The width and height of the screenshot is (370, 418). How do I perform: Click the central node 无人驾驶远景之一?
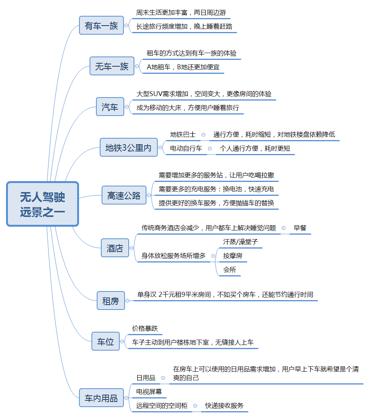coord(43,204)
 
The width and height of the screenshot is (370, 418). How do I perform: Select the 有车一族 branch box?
coord(101,26)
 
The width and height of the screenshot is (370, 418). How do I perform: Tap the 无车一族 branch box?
coord(112,66)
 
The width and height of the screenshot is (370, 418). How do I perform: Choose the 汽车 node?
coord(110,107)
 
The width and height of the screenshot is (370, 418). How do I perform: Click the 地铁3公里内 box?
coord(128,148)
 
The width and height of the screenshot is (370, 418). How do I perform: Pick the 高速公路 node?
coord(124,195)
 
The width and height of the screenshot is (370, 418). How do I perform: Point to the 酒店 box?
coord(115,248)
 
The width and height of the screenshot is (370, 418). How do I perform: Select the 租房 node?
coord(110,301)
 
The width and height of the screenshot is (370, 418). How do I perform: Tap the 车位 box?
coord(105,341)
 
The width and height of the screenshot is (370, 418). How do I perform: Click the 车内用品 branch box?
coord(101,398)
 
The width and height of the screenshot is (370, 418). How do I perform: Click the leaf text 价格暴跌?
coord(145,328)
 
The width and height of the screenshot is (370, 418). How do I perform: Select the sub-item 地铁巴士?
coord(183,134)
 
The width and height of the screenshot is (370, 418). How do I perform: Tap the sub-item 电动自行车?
coord(186,148)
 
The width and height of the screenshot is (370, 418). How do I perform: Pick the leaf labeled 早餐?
coord(300,228)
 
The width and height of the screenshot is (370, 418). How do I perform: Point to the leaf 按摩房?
coord(233,256)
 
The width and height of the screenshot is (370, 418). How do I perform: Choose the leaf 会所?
coord(230,270)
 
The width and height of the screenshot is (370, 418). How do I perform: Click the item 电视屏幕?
coord(149,392)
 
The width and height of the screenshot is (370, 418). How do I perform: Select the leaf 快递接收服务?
coord(224,406)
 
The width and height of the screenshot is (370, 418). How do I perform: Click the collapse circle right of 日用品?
coord(163,378)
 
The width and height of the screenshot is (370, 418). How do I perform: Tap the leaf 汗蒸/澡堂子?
coord(241,242)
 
